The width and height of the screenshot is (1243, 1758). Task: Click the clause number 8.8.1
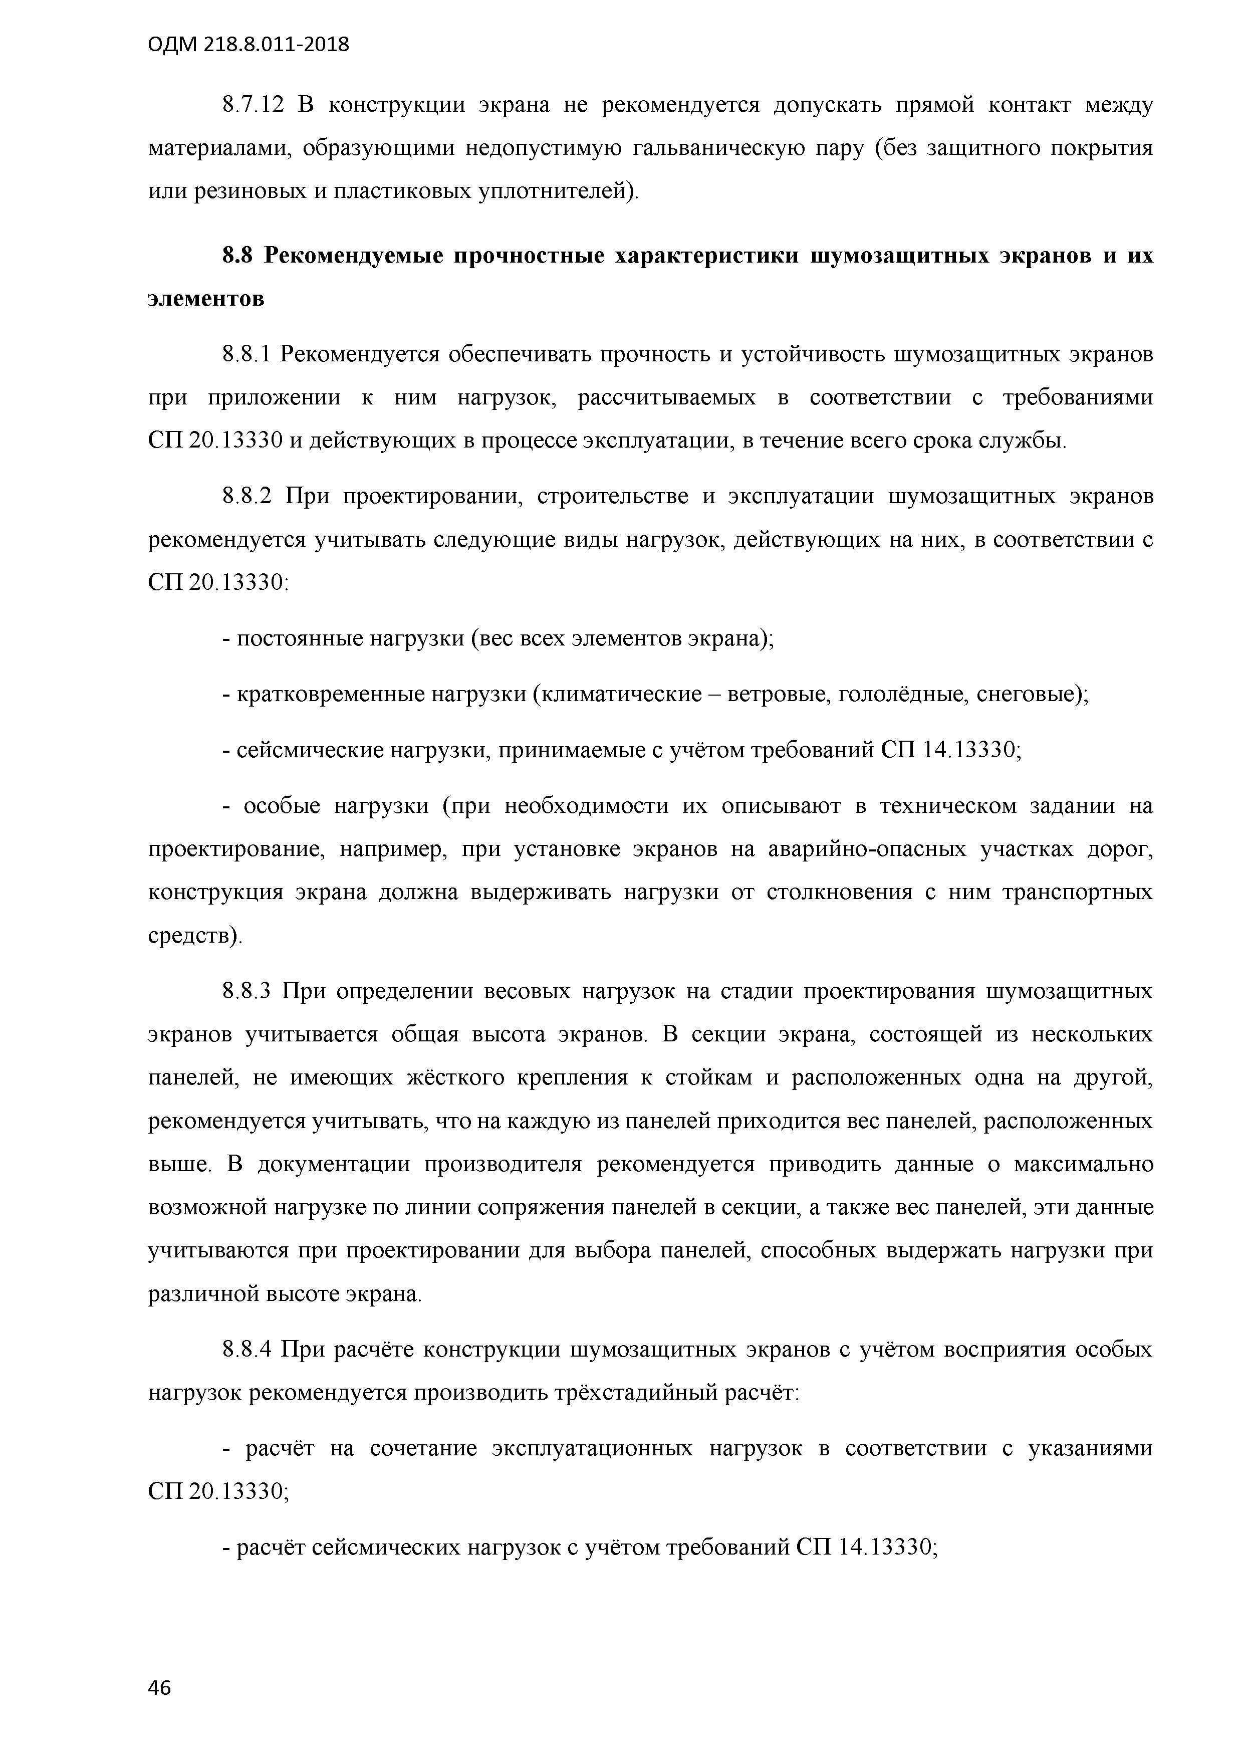click(246, 354)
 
